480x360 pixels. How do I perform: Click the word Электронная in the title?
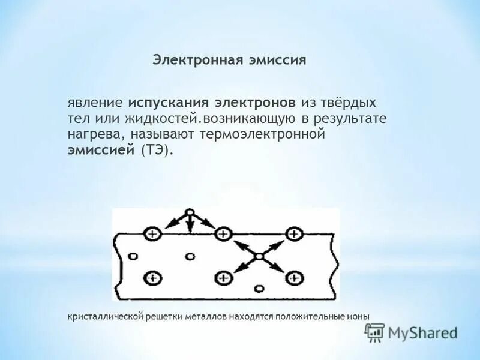(x=191, y=60)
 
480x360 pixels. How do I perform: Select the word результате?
(x=353, y=118)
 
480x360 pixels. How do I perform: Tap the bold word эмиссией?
(x=100, y=150)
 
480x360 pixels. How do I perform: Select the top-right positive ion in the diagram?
(x=293, y=234)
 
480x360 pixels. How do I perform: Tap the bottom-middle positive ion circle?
(x=223, y=277)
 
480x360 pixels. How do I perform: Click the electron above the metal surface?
(x=189, y=213)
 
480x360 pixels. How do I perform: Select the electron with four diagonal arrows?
(x=259, y=256)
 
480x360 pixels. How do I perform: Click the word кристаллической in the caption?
(x=104, y=316)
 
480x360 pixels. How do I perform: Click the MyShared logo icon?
(x=375, y=332)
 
